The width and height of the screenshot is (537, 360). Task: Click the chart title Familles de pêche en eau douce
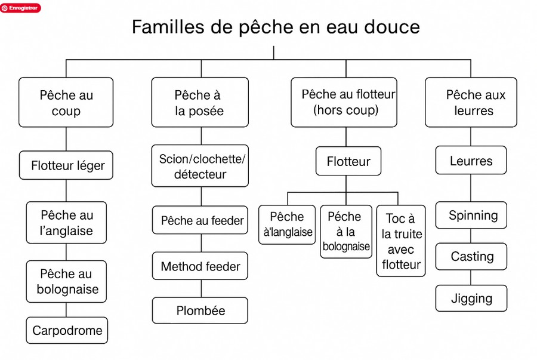pyautogui.click(x=276, y=27)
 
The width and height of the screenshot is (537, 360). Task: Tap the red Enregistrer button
pyautogui.click(x=20, y=8)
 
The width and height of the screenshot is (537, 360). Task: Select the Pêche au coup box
pyautogui.click(x=66, y=103)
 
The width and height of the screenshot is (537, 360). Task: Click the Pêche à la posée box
pyautogui.click(x=200, y=103)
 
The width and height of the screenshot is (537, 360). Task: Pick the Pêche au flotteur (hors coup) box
pyautogui.click(x=344, y=103)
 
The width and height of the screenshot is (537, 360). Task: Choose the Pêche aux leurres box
pyautogui.click(x=471, y=103)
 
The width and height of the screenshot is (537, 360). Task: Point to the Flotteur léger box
pyautogui.click(x=66, y=165)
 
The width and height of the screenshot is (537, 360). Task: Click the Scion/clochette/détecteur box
pyautogui.click(x=200, y=166)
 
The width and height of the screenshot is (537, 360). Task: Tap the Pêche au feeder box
pyautogui.click(x=200, y=220)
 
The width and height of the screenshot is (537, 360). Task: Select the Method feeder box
pyautogui.click(x=200, y=266)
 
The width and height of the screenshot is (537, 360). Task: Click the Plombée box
pyautogui.click(x=200, y=310)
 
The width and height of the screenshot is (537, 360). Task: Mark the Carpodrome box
pyautogui.click(x=67, y=330)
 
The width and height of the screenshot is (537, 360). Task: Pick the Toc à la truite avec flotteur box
pyautogui.click(x=401, y=241)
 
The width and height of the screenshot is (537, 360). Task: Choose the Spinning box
pyautogui.click(x=471, y=215)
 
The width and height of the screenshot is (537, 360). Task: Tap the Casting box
pyautogui.click(x=471, y=256)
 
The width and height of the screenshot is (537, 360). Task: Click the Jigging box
pyautogui.click(x=471, y=299)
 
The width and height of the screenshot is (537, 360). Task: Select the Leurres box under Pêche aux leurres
pyautogui.click(x=471, y=161)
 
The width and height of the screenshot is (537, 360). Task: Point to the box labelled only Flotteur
pyautogui.click(x=348, y=161)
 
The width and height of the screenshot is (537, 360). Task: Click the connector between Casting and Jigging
pyautogui.click(x=471, y=278)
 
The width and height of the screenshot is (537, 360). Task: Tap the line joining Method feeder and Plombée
pyautogui.click(x=201, y=288)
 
